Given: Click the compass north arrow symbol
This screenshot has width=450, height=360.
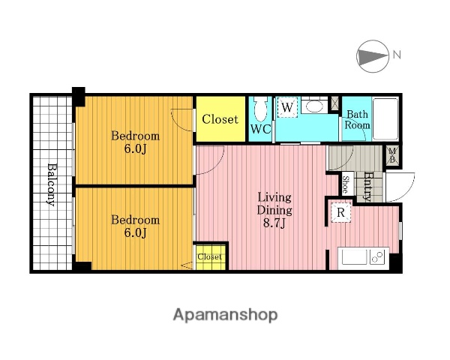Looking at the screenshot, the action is tap(373, 56).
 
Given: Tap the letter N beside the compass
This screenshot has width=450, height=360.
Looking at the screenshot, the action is tap(397, 55).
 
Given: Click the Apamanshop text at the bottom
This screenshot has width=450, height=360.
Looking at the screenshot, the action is tap(225, 315).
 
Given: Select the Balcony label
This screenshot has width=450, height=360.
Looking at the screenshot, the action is tap(52, 184).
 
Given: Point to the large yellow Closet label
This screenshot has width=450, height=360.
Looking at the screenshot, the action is tap(220, 119).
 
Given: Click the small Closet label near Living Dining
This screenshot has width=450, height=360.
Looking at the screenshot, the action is tap(209, 256).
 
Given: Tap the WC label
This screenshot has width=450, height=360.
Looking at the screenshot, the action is tap(260, 129).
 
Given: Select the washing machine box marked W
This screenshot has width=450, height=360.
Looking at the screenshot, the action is tap(287, 107).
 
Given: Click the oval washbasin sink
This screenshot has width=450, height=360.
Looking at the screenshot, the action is tap(314, 106).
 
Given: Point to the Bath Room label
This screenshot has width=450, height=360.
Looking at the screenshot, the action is tap(357, 119).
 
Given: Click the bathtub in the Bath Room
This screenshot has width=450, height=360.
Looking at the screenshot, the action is tap(385, 118).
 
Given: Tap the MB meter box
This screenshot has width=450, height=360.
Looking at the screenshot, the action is tap(392, 155).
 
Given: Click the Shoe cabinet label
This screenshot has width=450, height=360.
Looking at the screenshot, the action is tap(346, 184).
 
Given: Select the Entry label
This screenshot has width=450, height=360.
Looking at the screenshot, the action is tap(367, 186).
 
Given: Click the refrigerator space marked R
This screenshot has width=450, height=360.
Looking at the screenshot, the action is tap(340, 212).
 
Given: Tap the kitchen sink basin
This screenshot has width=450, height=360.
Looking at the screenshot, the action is tap(354, 256).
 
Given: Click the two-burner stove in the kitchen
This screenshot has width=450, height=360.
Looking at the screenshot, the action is tap(378, 256).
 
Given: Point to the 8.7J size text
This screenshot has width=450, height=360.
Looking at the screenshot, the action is tap(274, 223).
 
